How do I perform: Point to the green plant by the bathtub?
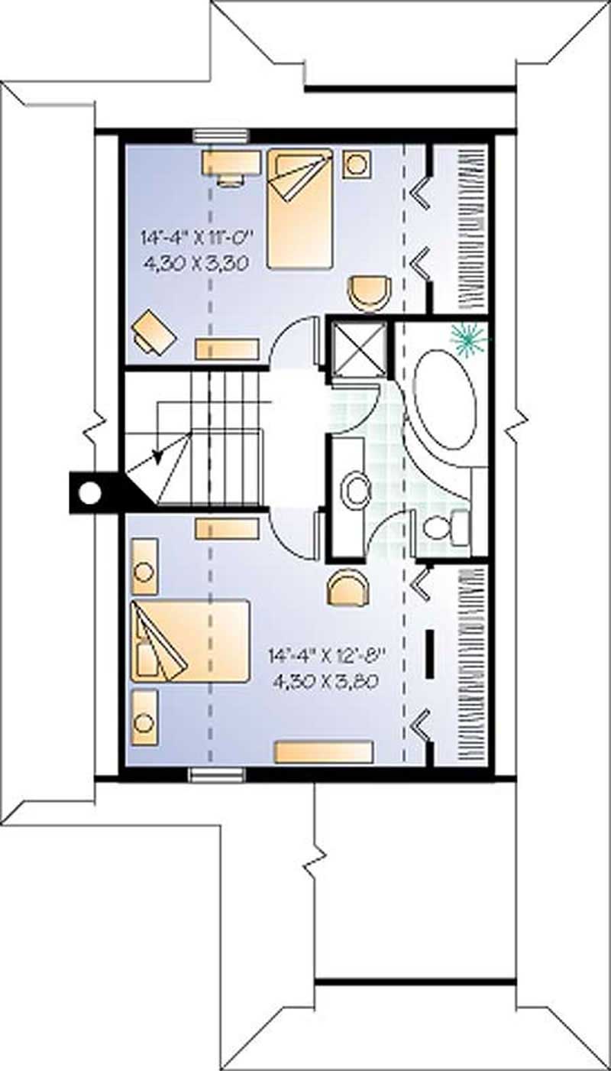click(x=467, y=339)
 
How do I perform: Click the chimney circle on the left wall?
click(x=90, y=493)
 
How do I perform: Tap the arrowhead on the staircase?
click(x=159, y=456)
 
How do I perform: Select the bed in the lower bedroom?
click(x=190, y=641)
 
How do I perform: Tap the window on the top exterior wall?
click(x=221, y=136)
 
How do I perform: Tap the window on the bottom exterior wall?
click(x=217, y=775)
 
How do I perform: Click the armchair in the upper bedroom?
click(x=370, y=293)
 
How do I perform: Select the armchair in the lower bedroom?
click(x=349, y=589)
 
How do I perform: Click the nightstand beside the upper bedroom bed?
click(x=357, y=164)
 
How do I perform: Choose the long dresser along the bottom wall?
click(x=324, y=751)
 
